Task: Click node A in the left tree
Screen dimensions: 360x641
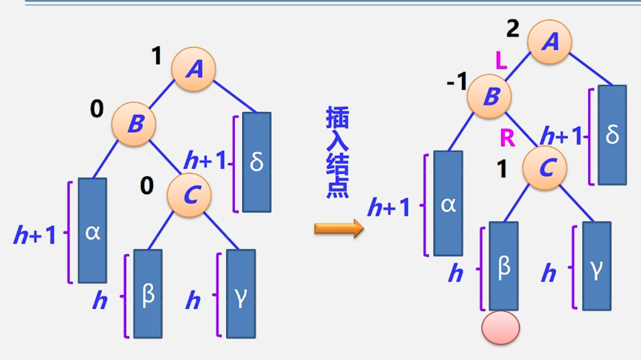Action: [x=194, y=70]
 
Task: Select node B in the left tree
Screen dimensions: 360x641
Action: [x=134, y=125]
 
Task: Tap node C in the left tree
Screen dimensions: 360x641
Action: [x=189, y=195]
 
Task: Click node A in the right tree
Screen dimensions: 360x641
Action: [x=550, y=42]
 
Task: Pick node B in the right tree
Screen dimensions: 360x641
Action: [x=490, y=96]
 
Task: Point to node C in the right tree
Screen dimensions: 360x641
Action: [x=545, y=168]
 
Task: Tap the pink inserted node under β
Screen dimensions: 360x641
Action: [x=501, y=328]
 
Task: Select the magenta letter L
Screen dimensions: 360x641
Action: [x=501, y=61]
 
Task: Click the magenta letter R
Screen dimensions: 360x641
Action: [x=507, y=139]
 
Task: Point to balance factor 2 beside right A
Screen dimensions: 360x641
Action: [x=513, y=29]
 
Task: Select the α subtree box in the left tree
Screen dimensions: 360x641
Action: [x=92, y=231]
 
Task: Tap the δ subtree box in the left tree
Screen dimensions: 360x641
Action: [x=256, y=162]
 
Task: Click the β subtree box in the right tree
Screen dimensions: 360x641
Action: [x=504, y=266]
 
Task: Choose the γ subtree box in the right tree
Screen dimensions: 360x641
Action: [x=597, y=266]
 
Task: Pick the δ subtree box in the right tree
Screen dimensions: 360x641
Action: [x=612, y=135]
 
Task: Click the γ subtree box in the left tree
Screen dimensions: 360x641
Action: [x=241, y=294]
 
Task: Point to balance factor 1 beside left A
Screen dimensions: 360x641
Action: [x=156, y=56]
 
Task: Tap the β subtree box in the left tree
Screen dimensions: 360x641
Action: [x=148, y=294]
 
